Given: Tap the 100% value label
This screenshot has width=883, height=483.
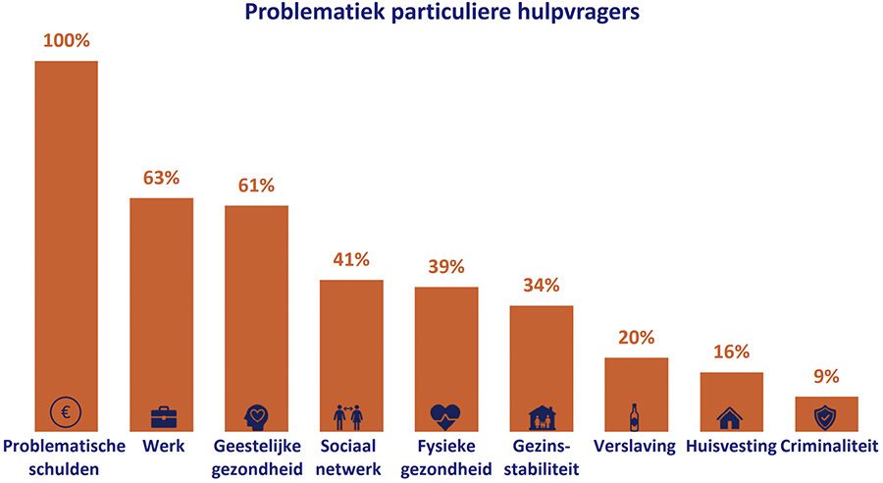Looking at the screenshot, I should [67, 42].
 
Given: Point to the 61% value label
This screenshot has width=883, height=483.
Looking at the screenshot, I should [256, 187].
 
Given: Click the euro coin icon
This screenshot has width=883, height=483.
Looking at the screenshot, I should [67, 413].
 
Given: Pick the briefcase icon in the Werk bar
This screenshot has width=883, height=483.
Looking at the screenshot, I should [162, 416].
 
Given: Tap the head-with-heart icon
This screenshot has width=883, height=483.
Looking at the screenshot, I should [256, 414].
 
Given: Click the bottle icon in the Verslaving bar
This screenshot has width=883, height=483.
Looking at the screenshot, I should [635, 416].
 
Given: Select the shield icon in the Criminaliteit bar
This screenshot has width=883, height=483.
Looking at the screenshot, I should [826, 416].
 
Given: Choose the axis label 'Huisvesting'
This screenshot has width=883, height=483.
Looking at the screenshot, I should [730, 447].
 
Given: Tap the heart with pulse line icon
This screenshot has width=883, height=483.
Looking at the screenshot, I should [446, 415].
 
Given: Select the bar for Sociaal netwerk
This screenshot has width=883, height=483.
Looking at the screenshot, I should [351, 344].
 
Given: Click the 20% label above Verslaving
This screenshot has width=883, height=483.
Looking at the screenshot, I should [636, 338].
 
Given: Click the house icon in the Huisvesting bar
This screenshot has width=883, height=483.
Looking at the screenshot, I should [730, 417].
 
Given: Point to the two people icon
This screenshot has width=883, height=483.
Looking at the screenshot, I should [351, 415].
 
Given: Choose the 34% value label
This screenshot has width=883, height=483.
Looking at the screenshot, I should [541, 286].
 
